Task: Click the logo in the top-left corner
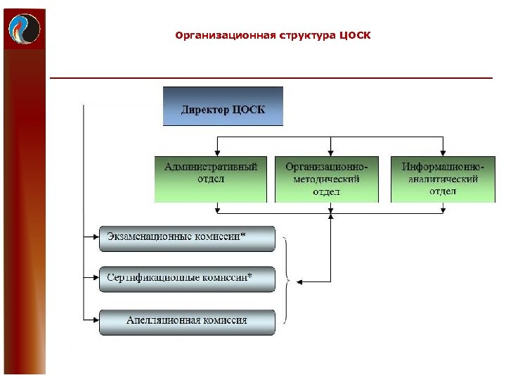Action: coord(24,28)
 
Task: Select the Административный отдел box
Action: coord(211,179)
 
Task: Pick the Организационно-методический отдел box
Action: coord(326,179)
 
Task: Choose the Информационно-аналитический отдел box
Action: coord(443,179)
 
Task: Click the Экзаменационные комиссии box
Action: coord(186,239)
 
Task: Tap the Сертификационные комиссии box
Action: coord(186,279)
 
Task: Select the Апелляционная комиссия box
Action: coord(186,320)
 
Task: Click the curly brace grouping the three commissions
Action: coord(287,279)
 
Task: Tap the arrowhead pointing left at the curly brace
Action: coord(299,282)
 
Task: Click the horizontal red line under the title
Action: coord(271,77)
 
